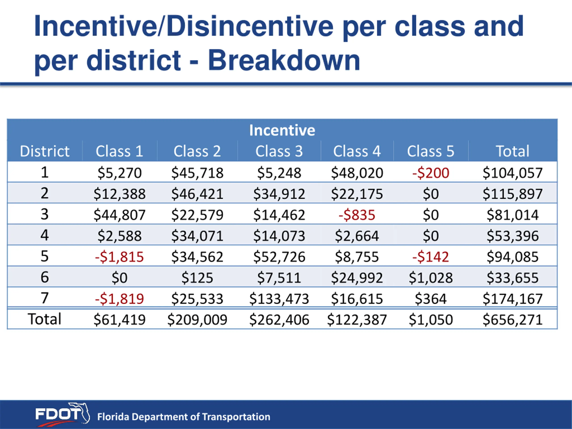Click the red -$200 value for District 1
point(431,173)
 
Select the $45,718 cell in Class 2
point(197,173)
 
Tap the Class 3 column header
point(279,151)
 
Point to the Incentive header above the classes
point(282,130)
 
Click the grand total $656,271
point(513,320)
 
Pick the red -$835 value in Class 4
point(357,215)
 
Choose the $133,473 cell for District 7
point(279,299)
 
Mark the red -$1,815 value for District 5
point(119,257)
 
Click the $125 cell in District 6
point(197,278)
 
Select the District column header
point(44,151)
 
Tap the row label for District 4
point(44,235)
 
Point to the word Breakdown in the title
point(284,60)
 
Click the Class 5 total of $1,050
point(431,320)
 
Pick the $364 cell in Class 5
point(431,299)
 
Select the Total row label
point(44,319)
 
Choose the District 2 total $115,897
point(513,194)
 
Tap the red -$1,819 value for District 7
point(119,299)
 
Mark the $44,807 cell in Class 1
point(119,215)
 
